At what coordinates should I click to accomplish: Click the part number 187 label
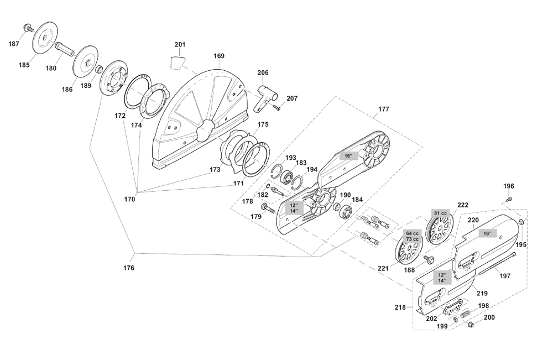pos(14,44)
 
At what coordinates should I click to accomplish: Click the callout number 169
pos(219,56)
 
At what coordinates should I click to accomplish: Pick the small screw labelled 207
pos(276,107)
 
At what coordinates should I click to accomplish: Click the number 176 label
pos(129,268)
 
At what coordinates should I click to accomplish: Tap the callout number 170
pos(129,199)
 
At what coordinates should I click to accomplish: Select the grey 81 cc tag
pos(441,213)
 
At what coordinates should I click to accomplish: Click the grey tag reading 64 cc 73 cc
pos(413,236)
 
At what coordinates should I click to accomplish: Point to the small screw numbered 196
pos(509,199)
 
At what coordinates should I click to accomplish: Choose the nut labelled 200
pos(470,324)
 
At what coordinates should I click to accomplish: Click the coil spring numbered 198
pos(465,314)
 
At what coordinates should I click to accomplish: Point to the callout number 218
pos(400,307)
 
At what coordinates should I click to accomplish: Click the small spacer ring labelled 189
pos(100,67)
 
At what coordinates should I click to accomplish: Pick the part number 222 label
pos(463,205)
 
